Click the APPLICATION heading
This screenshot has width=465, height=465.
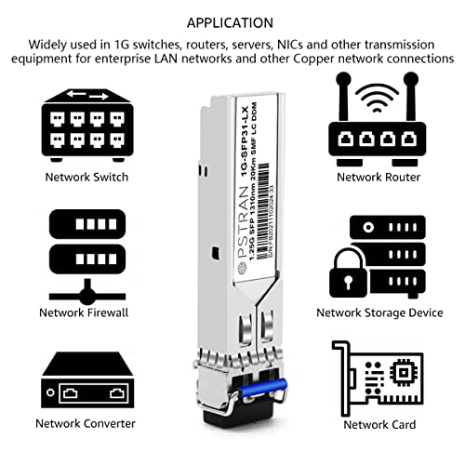(232, 20)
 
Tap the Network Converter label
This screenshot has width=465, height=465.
(86, 423)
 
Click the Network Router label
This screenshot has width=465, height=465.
(377, 176)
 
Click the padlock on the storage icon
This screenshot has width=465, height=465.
(345, 275)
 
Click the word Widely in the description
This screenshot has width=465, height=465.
(48, 44)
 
